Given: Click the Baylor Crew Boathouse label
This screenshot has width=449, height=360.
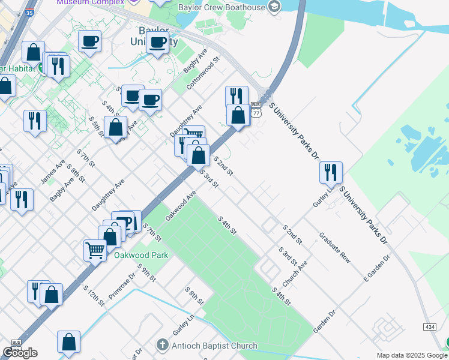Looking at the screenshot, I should pos(221,7).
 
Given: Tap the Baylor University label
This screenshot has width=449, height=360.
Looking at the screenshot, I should pos(154,36).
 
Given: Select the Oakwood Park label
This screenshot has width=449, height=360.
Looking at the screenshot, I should pos(141,254).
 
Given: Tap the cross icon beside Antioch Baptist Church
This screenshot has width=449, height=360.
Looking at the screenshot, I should pos(161,345).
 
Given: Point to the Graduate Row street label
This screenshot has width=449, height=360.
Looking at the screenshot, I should pos(334,248).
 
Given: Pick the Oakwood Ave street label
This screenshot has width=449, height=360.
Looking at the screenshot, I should pos(181,206).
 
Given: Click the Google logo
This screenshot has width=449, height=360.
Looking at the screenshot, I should pos(20,352).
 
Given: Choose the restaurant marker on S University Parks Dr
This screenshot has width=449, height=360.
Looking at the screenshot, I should pos(331,173).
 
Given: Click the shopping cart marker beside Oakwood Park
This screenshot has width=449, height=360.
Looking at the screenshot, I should pos(95,250).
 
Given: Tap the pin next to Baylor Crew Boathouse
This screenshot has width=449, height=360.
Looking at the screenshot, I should pos(274,7).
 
